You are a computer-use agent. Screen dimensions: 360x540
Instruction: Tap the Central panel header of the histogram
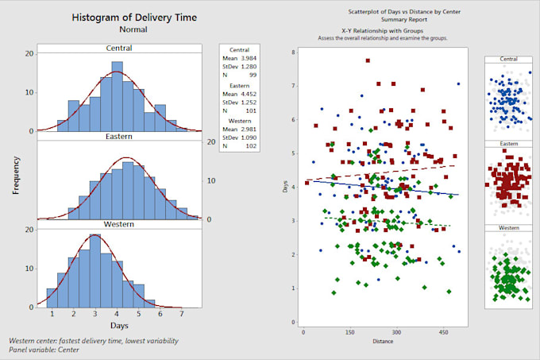tap(118, 47)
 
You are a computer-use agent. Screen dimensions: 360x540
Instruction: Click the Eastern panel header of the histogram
tap(118, 137)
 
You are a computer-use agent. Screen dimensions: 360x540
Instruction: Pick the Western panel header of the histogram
tap(118, 226)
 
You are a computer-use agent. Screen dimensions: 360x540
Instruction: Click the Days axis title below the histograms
tap(118, 326)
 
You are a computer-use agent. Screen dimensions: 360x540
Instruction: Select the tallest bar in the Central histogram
tap(118, 96)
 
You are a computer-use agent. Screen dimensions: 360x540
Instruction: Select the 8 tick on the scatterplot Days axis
tap(294, 52)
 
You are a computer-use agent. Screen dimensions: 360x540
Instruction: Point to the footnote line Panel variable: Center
tap(52, 350)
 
